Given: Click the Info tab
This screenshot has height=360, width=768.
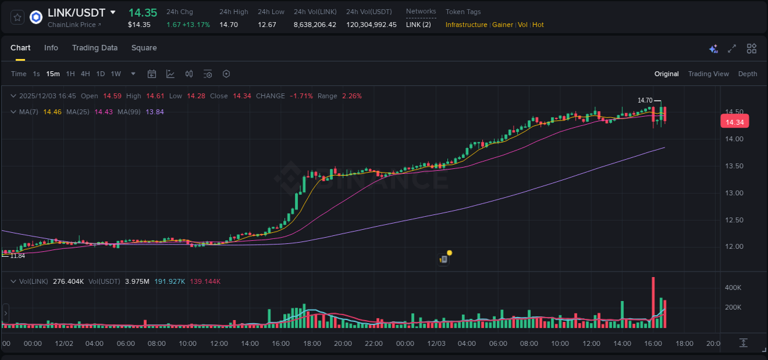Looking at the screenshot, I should tap(51, 48).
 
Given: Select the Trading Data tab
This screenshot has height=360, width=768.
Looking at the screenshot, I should tap(95, 48).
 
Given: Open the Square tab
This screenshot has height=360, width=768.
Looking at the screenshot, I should tap(144, 48).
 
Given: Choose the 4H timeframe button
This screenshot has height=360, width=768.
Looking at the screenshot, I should tap(85, 74).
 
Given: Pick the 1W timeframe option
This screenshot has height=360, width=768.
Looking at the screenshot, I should tap(116, 74).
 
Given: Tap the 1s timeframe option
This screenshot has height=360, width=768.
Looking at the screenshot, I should tap(36, 74).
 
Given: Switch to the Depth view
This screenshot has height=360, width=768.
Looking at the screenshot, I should tap(747, 74).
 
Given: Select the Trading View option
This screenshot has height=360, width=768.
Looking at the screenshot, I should tap(708, 74).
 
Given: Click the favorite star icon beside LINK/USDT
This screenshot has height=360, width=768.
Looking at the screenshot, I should tap(17, 17).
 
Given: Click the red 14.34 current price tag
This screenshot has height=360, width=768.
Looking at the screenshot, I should tap(735, 122).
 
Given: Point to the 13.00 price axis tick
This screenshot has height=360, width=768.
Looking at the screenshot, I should tap(735, 193).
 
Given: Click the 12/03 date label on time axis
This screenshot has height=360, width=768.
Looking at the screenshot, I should tap(436, 343).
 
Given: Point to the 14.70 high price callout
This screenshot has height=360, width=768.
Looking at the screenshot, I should tap(645, 100).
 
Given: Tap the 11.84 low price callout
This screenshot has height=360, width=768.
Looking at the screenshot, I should tap(17, 256).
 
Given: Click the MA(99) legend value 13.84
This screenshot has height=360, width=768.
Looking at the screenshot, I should tap(155, 112).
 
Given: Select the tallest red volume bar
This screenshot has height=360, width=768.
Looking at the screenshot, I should tap(653, 302).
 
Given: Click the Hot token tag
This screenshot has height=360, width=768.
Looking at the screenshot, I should tap(538, 25).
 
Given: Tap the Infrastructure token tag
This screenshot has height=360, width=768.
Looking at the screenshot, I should tap(466, 25).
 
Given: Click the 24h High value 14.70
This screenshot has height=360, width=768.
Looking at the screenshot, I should tap(229, 25).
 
